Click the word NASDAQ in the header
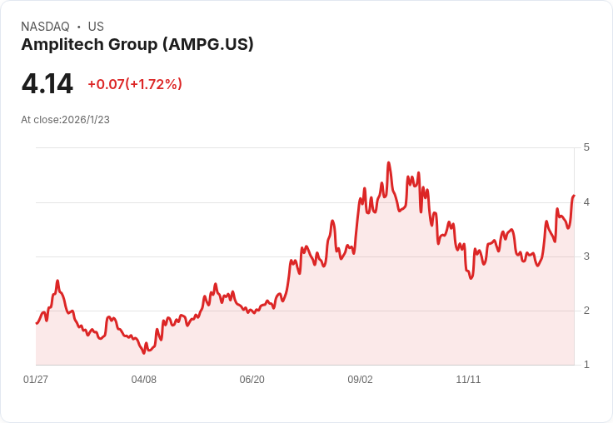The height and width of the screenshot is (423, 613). (x=45, y=27)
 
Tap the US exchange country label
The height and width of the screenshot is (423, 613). (x=96, y=27)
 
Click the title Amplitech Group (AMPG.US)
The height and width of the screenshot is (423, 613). (x=137, y=44)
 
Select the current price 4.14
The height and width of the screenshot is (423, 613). (x=47, y=84)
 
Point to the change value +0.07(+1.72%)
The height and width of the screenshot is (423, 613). (x=135, y=84)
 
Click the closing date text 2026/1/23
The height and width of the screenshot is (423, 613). (x=86, y=120)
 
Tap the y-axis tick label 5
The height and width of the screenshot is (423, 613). (x=586, y=147)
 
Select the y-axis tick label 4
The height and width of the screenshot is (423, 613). (x=586, y=202)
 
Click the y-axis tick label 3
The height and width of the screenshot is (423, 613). (x=586, y=256)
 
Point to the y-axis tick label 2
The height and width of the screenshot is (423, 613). (x=586, y=310)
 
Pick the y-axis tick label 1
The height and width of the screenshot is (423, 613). (x=586, y=364)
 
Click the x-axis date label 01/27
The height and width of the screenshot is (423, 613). (x=36, y=380)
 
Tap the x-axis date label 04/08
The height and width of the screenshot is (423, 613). (x=144, y=380)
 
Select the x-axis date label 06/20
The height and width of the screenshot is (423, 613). (x=252, y=380)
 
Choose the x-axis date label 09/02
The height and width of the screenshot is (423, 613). (x=360, y=380)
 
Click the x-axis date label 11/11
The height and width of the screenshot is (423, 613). (x=468, y=380)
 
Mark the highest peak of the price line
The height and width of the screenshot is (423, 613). (x=389, y=162)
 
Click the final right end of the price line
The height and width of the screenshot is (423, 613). (x=574, y=196)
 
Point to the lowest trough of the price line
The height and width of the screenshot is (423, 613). (x=144, y=353)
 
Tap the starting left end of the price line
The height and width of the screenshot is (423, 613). (x=37, y=323)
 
